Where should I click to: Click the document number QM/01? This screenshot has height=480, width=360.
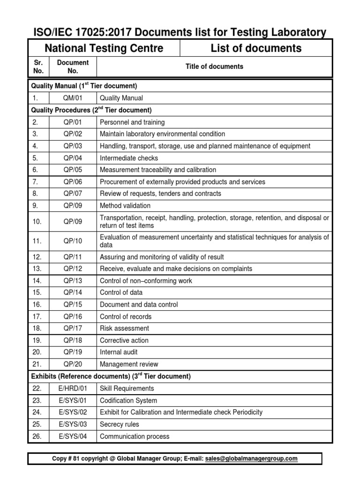pos(73,98)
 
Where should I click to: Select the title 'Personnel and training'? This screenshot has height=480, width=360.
pos(132,122)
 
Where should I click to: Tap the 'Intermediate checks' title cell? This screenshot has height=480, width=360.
pos(129,158)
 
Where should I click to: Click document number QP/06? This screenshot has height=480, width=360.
pos(73,182)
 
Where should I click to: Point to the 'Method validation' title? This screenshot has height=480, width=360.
pos(125,206)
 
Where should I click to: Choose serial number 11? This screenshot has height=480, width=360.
pos(38,241)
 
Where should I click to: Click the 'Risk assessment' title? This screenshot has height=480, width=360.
pos(124,329)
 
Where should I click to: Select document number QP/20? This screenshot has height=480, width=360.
pos(73,364)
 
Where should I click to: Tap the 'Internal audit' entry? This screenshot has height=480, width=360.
pos(119,352)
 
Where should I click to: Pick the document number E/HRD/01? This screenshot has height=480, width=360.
pos(73,389)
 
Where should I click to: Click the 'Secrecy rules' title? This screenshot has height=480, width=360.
pos(120,424)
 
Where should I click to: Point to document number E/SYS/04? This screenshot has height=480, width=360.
pos(73,436)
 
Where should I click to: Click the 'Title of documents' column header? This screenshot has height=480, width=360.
pos(214,67)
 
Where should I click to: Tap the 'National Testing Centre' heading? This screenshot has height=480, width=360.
pos(104,48)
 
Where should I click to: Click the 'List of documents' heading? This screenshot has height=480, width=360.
pos(256,48)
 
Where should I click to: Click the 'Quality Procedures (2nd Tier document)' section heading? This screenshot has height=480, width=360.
pos(91,110)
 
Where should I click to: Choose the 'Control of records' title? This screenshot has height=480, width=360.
pos(126,316)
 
